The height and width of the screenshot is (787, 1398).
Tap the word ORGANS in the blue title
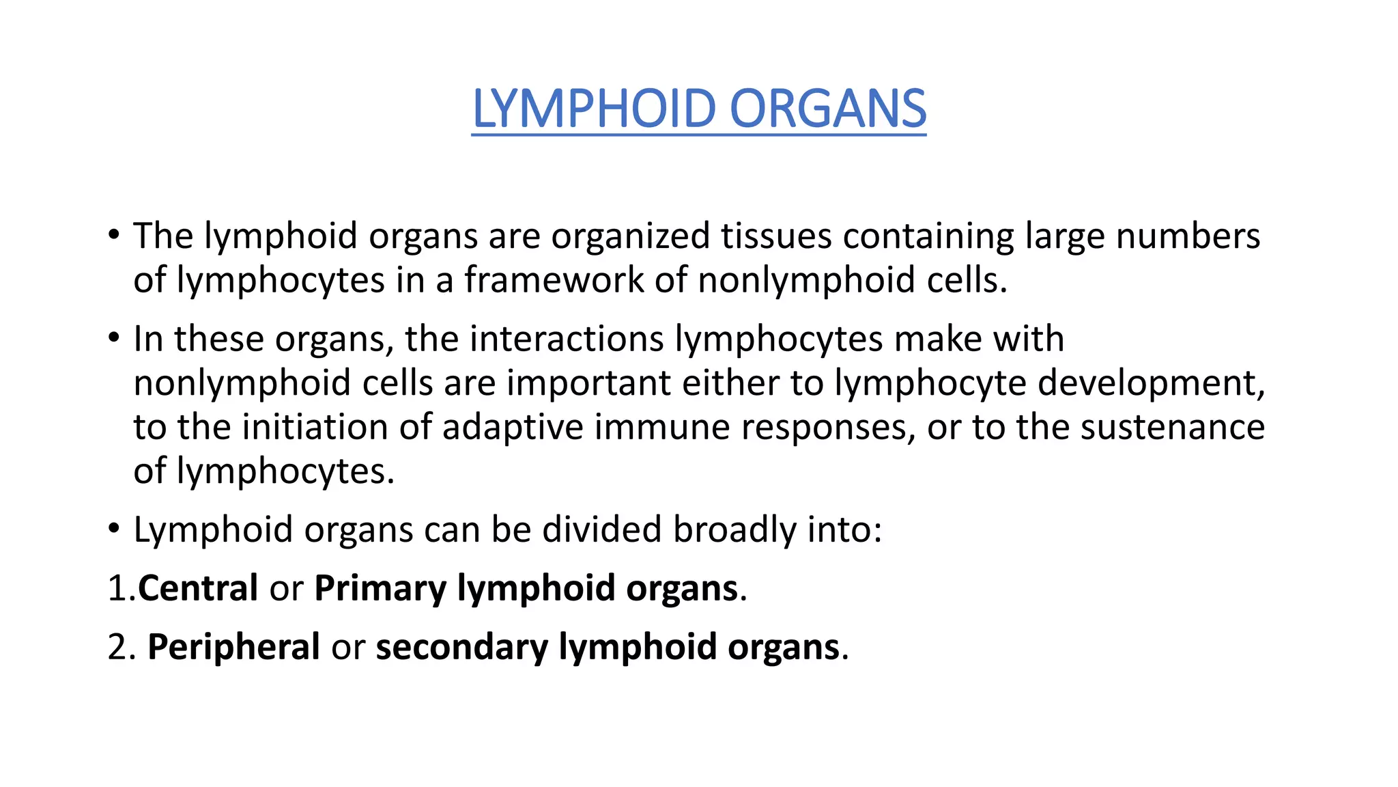click(x=828, y=109)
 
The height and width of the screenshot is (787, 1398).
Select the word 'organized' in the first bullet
click(x=631, y=236)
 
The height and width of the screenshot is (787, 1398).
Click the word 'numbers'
click(x=1188, y=236)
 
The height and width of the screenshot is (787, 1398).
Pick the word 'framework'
click(x=554, y=280)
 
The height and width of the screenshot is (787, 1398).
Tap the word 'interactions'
click(x=534, y=339)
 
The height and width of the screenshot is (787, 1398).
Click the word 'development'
click(x=1151, y=383)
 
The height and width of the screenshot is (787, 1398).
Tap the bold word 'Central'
click(x=198, y=588)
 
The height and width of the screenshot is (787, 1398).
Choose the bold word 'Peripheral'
click(x=233, y=647)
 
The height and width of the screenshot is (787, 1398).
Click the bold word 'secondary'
click(x=461, y=647)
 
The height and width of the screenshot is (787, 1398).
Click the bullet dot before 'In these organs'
click(x=114, y=338)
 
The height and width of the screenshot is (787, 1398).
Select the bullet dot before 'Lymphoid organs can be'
click(x=114, y=529)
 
